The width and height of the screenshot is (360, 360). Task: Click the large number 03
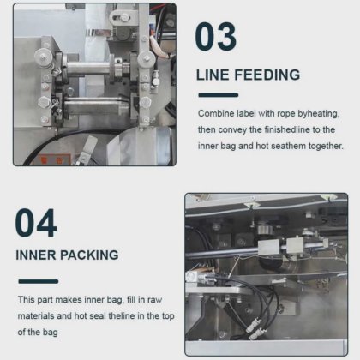click(216, 37)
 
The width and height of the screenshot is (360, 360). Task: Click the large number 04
click(36, 223)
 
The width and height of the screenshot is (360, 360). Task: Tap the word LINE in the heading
click(213, 75)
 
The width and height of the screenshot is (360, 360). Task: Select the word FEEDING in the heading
click(267, 75)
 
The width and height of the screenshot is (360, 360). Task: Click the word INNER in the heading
click(35, 255)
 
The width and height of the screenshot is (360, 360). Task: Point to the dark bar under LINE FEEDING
click(219, 95)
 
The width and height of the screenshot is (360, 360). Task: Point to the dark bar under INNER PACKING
click(39, 281)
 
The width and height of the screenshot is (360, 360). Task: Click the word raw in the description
click(154, 300)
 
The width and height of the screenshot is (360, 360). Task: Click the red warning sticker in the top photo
click(52, 159)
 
